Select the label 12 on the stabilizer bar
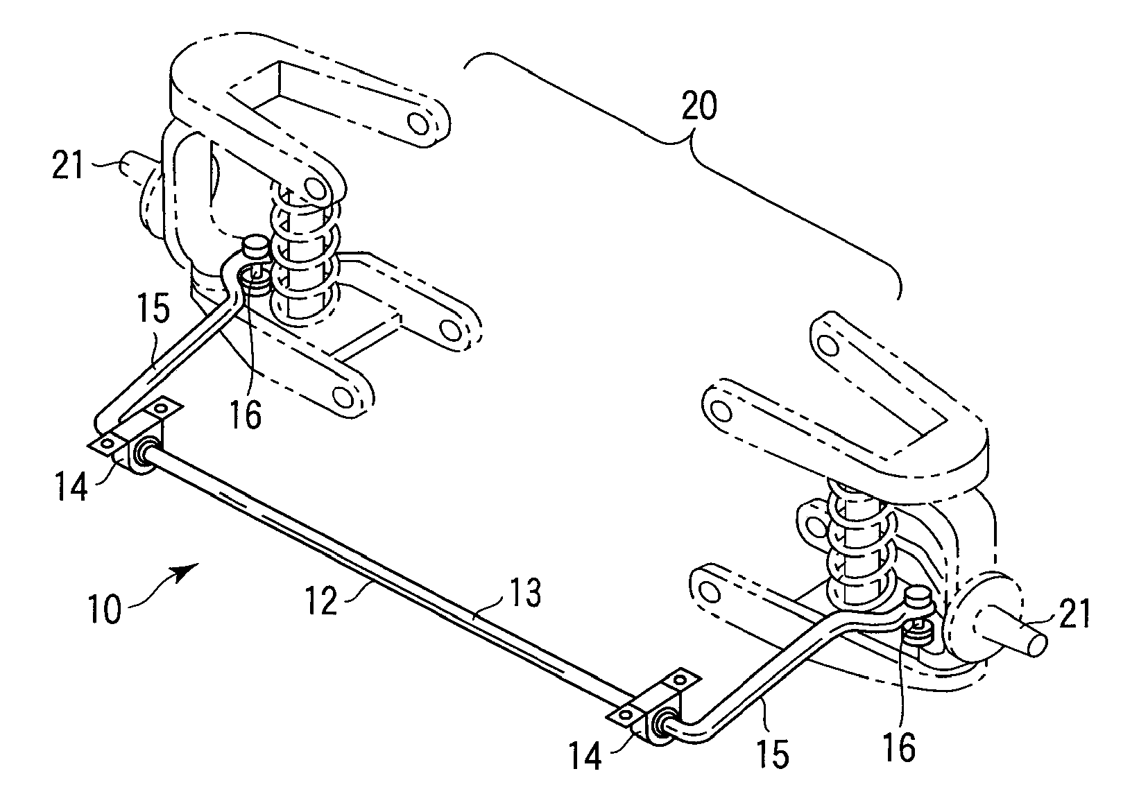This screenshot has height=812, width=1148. pyautogui.click(x=321, y=600)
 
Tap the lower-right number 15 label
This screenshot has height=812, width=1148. pyautogui.click(x=772, y=754)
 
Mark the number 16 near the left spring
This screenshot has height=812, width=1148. pyautogui.click(x=246, y=415)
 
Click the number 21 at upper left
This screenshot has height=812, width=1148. pyautogui.click(x=68, y=166)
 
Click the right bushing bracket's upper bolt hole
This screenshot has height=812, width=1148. pyautogui.click(x=680, y=680)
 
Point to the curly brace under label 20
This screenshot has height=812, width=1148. pyautogui.click(x=682, y=174)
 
